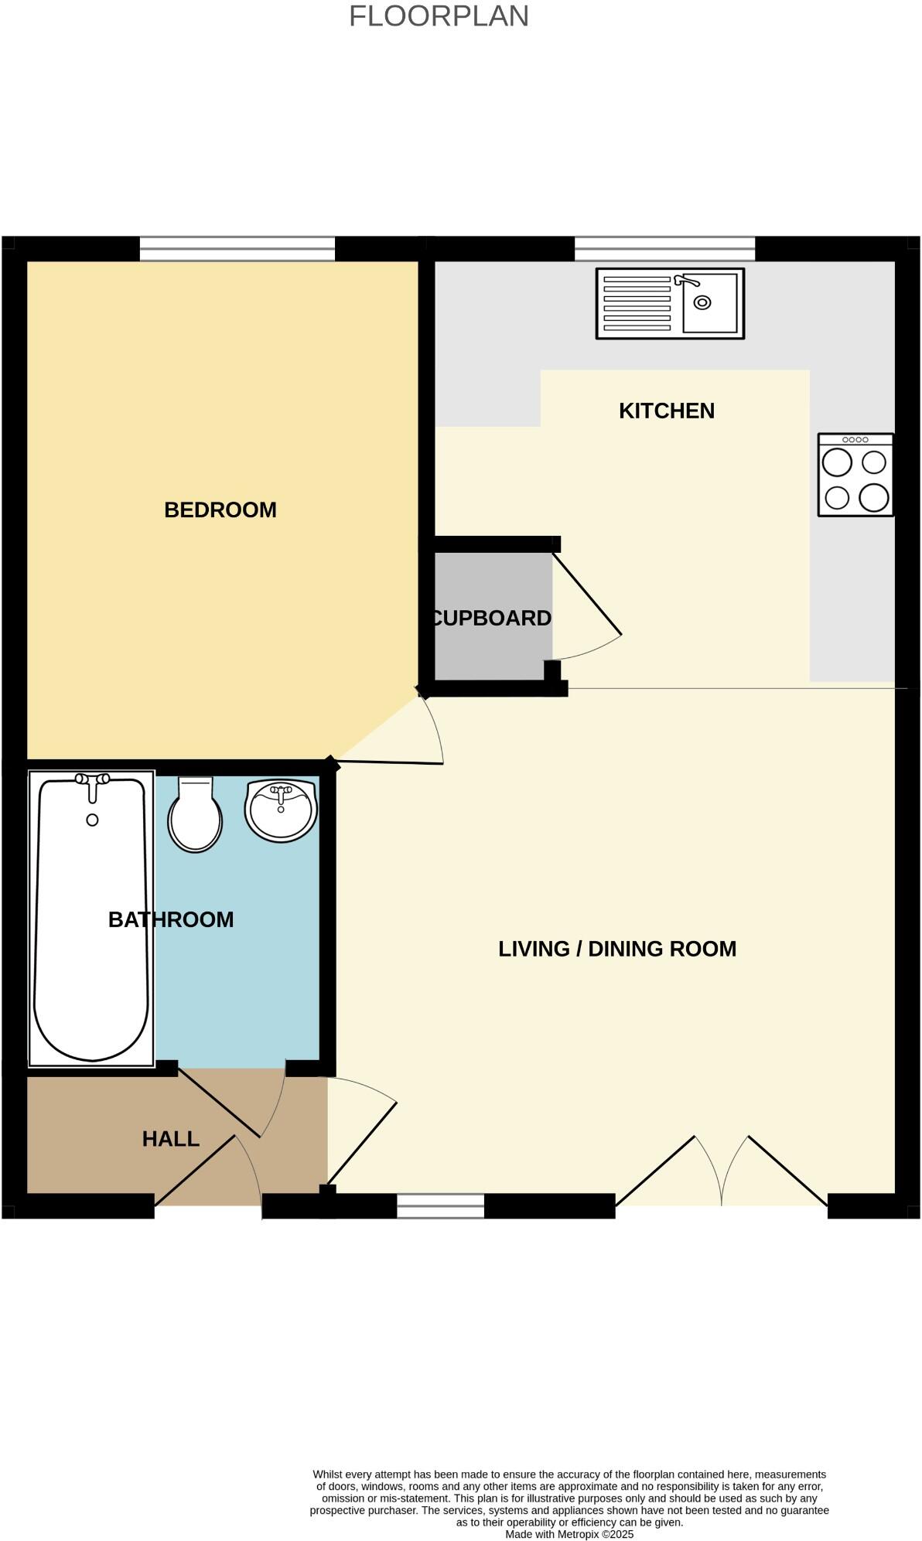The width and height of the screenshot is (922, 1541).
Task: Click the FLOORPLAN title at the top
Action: tap(439, 16)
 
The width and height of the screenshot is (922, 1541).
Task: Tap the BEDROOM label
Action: tap(220, 510)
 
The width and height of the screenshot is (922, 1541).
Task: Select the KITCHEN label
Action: tap(666, 411)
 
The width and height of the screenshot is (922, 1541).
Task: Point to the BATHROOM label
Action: tap(171, 919)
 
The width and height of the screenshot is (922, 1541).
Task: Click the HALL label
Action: tap(171, 1139)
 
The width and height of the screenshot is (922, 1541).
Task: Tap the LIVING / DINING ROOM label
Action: tap(616, 949)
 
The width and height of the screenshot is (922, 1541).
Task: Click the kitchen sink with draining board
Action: tap(670, 304)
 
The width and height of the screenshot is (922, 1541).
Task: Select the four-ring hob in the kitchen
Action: tap(855, 475)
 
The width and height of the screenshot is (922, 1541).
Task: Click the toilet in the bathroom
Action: tap(195, 817)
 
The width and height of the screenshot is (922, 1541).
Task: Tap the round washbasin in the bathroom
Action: tap(281, 810)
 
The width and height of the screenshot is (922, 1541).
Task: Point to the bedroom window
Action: tap(237, 249)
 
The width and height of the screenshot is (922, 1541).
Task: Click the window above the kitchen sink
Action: tap(664, 249)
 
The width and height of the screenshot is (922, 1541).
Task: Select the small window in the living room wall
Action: tap(440, 1206)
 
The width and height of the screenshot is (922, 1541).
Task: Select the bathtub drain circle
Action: tap(92, 820)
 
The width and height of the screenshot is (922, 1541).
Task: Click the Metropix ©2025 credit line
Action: tap(569, 1534)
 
